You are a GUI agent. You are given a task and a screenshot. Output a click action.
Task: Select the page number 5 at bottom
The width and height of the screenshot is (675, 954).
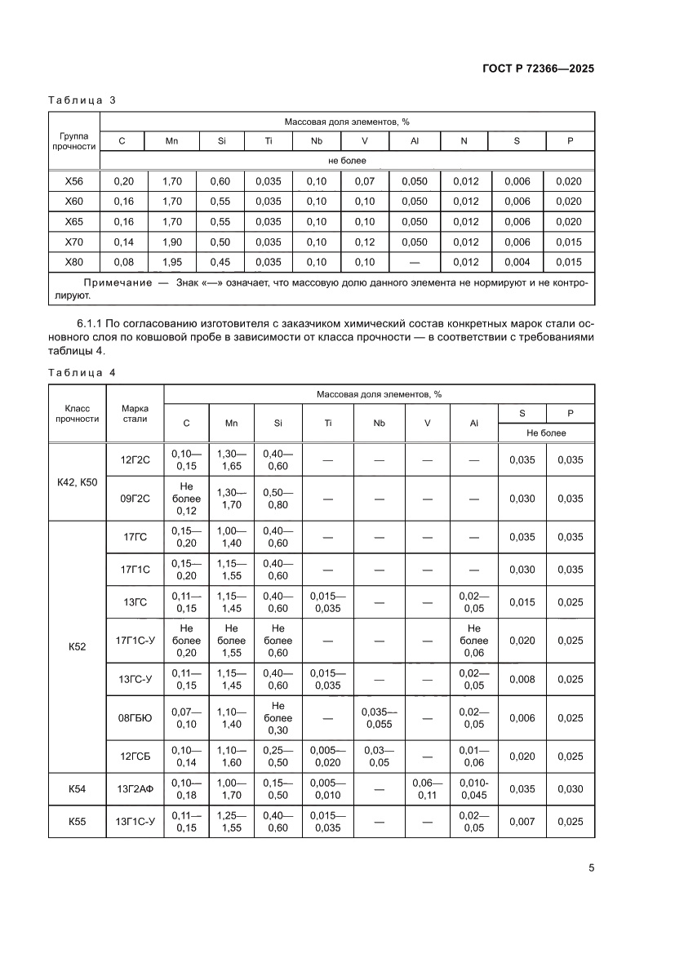pyautogui.click(x=591, y=867)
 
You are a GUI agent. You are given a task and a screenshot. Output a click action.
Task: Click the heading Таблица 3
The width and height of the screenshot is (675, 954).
pyautogui.click(x=82, y=100)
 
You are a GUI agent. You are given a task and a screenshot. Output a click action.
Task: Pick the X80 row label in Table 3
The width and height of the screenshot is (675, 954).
pyautogui.click(x=74, y=262)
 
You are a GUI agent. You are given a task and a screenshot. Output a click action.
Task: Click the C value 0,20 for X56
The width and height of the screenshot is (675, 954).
pyautogui.click(x=122, y=181)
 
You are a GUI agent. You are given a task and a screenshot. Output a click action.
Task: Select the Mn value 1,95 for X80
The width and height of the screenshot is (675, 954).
pyautogui.click(x=171, y=262)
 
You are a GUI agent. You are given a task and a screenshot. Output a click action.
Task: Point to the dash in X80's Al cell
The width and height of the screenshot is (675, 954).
pyautogui.click(x=415, y=262)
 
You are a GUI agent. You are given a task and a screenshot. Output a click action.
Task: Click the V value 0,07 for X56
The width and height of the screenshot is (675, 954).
pyautogui.click(x=365, y=181)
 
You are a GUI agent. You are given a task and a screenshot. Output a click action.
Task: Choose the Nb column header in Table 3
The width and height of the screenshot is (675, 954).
pyautogui.click(x=317, y=141)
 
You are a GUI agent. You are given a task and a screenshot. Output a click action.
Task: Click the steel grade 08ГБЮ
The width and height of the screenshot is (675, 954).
pyautogui.click(x=135, y=718)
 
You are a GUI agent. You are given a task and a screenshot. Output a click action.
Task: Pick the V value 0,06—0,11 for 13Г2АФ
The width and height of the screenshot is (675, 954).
pyautogui.click(x=427, y=789)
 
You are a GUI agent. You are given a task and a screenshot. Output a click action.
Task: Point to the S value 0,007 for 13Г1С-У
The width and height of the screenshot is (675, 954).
pyautogui.click(x=522, y=821)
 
